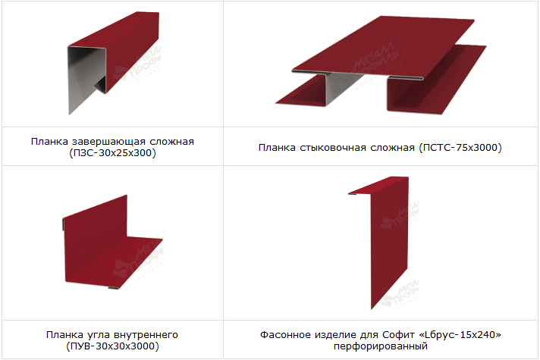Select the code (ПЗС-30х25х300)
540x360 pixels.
(x=112, y=153)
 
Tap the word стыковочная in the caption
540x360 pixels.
(x=333, y=148)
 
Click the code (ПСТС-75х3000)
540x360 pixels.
(x=460, y=148)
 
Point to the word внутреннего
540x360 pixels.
(x=146, y=335)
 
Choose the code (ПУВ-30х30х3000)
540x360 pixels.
(x=112, y=346)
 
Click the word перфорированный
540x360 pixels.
(x=381, y=346)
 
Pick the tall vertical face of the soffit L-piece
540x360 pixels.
(x=389, y=241)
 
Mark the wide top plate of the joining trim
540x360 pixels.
(x=382, y=46)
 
